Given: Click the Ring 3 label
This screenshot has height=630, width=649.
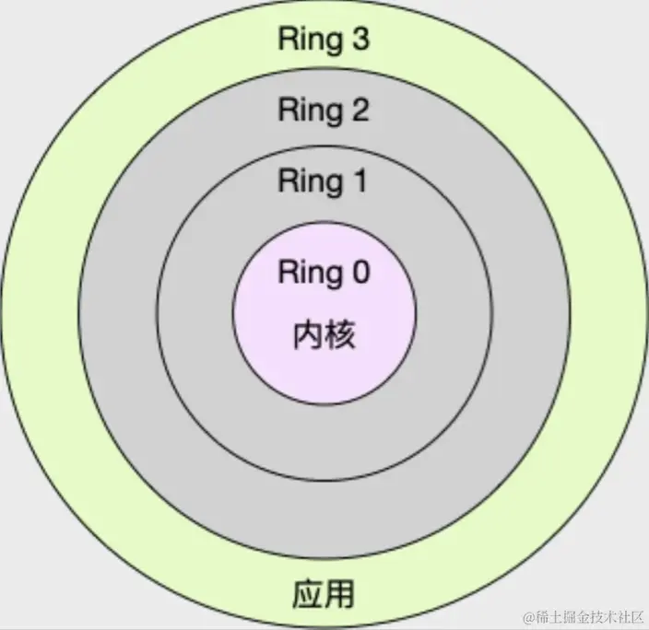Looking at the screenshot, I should click(324, 41).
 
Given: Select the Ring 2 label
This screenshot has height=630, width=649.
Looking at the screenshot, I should click(324, 111).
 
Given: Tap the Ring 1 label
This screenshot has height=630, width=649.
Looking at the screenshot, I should click(324, 181).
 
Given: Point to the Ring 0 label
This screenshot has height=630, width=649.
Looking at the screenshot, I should click(324, 272).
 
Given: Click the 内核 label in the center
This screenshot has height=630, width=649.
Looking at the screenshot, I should click(324, 333).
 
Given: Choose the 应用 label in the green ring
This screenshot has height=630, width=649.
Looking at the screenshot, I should click(324, 593).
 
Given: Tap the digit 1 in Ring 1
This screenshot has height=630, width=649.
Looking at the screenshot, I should click(359, 181).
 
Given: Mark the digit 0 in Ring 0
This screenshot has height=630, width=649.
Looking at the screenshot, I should click(359, 272).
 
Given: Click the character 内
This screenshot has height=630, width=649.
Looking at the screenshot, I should click(307, 333).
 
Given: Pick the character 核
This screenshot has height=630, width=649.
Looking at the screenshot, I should click(340, 333).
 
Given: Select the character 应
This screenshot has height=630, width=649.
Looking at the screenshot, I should click(307, 593).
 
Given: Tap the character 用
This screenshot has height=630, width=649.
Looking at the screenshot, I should click(340, 593).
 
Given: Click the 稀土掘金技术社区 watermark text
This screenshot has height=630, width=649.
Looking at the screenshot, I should click(587, 615).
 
